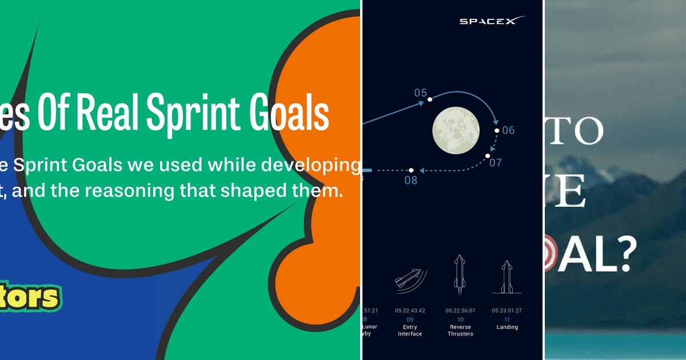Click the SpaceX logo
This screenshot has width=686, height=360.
click(492, 21)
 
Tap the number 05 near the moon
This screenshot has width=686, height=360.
click(421, 93)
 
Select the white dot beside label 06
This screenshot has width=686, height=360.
click(497, 131)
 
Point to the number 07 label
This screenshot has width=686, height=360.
click(496, 162)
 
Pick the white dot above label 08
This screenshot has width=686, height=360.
click(411, 170)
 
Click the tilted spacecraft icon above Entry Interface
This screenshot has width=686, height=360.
click(410, 280)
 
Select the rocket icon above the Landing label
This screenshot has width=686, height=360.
click(506, 277)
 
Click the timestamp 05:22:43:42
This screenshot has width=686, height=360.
click(410, 311)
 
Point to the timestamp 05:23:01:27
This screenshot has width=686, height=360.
click(506, 311)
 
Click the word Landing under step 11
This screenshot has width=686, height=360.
click(506, 327)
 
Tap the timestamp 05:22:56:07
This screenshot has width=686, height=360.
click(460, 311)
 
